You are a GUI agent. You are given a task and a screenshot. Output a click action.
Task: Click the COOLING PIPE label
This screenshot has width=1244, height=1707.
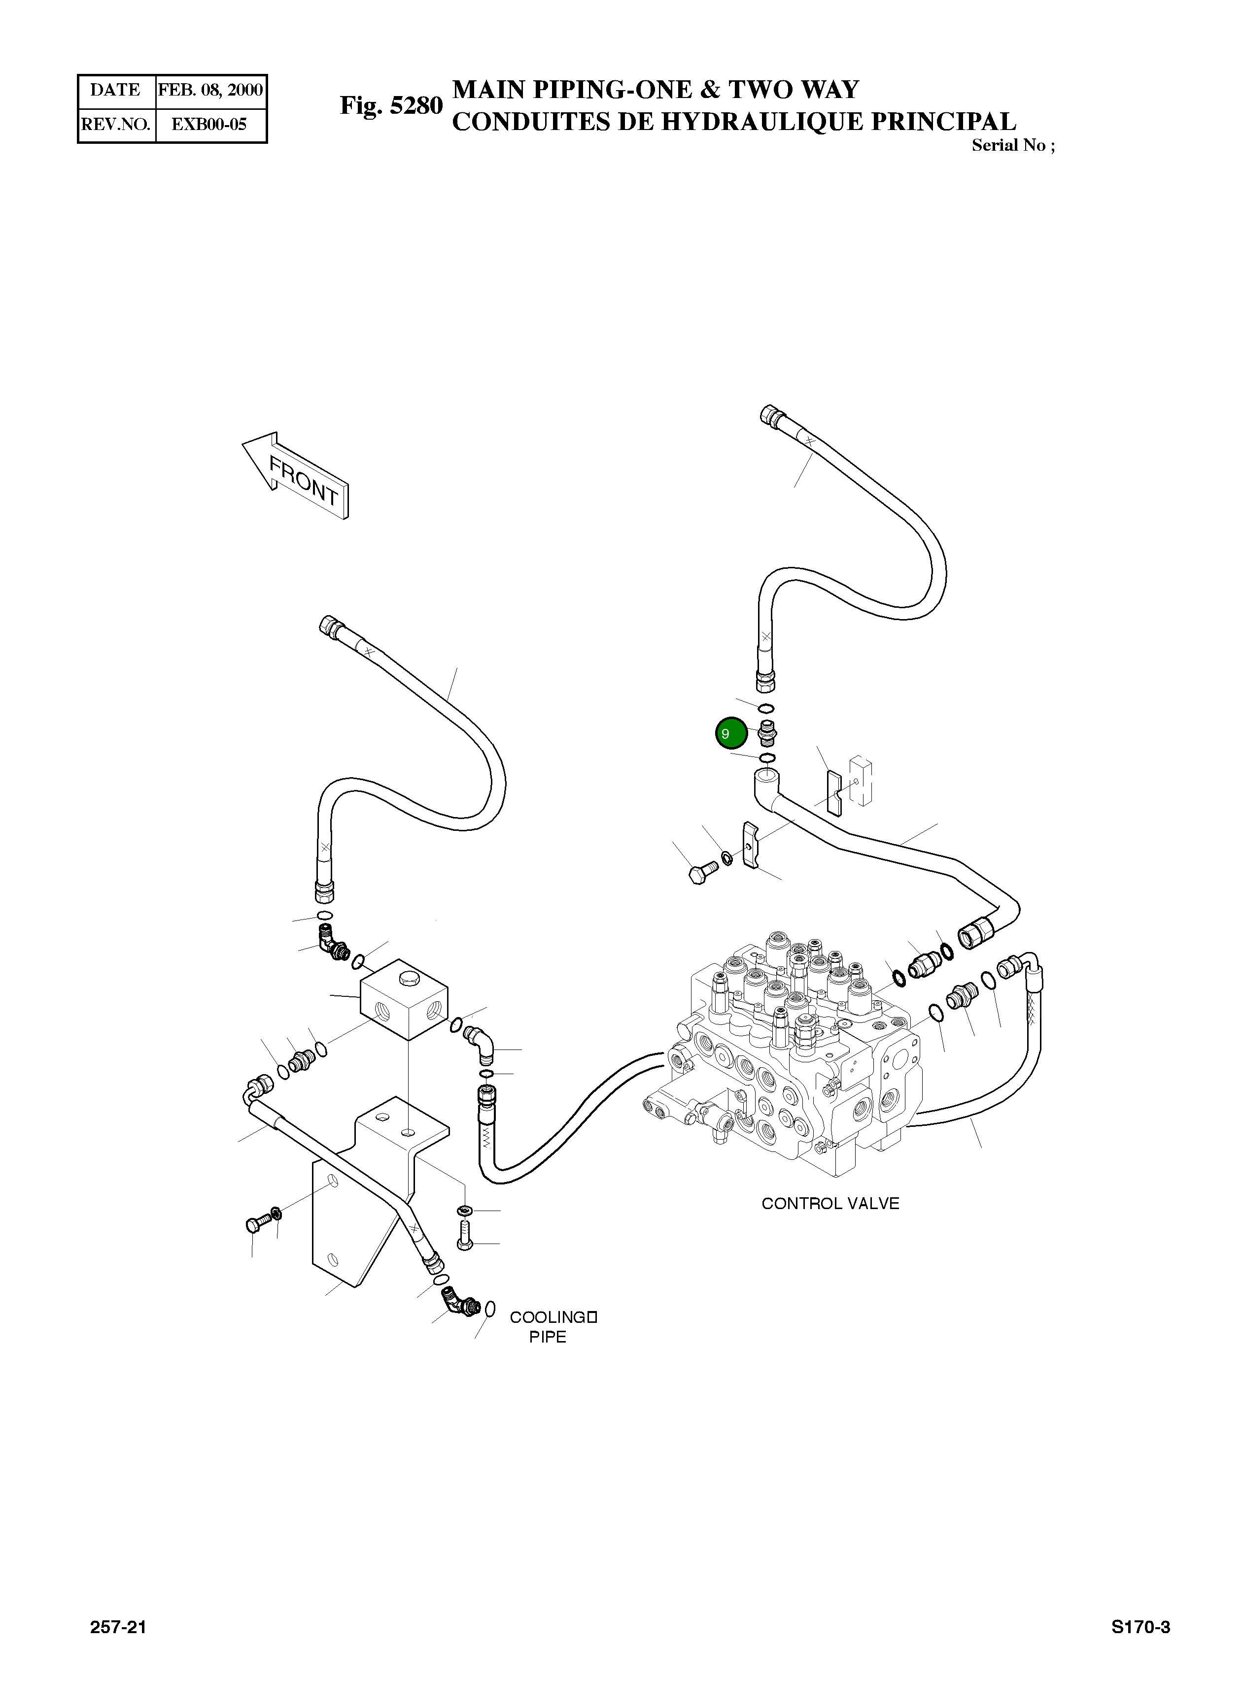(x=552, y=1327)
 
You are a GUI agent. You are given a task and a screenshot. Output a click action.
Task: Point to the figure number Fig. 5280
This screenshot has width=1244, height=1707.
(x=391, y=105)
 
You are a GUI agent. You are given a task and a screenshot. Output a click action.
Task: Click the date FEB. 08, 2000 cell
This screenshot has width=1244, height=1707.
(x=211, y=90)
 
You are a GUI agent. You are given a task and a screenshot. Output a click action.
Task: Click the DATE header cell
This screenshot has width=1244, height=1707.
(x=116, y=90)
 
